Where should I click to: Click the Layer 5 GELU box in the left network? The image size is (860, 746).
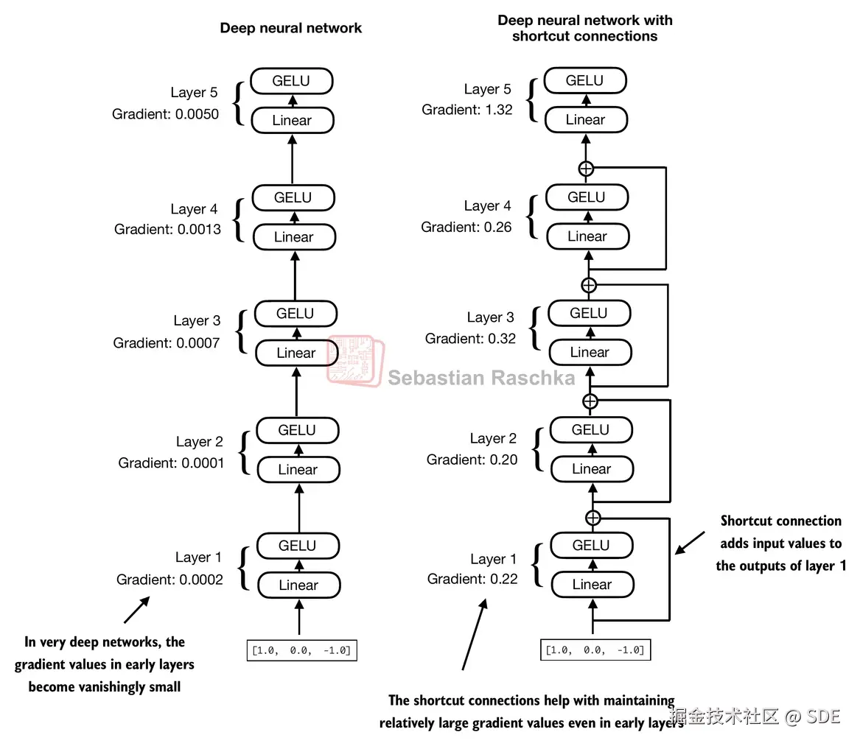292,81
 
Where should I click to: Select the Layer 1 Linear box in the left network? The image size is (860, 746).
299,585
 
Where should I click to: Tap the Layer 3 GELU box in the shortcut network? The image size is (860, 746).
589,314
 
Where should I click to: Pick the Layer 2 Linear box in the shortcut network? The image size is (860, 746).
592,469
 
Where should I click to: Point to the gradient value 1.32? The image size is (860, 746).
499,110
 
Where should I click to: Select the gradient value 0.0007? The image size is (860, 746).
197,343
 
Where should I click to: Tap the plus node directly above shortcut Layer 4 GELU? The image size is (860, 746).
586,169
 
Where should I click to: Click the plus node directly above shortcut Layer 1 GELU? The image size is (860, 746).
593,518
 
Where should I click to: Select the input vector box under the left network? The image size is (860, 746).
301,650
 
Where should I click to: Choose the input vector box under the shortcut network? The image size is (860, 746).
595,650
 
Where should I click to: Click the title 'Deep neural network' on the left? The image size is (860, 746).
290,28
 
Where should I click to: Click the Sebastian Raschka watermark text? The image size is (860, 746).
481,378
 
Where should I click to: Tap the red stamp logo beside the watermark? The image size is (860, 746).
355,361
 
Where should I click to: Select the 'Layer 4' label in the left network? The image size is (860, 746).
194,209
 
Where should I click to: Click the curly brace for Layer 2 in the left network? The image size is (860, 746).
245,453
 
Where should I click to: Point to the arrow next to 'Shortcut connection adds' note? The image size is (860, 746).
690,543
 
